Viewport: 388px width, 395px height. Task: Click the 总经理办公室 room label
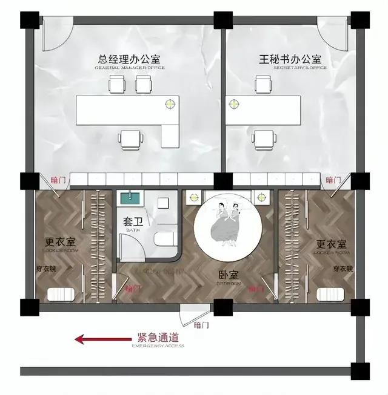tap(129, 60)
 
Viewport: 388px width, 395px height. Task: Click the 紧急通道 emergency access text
tap(158, 337)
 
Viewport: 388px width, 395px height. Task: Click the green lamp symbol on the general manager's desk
tap(172, 103)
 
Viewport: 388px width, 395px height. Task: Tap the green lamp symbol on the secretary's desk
tap(233, 103)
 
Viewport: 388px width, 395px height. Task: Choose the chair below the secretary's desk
tap(263, 139)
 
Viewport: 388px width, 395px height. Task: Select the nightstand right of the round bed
tap(261, 197)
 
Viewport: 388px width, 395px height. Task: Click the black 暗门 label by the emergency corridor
tap(201, 325)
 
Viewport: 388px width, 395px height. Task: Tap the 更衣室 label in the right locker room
tap(331, 244)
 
